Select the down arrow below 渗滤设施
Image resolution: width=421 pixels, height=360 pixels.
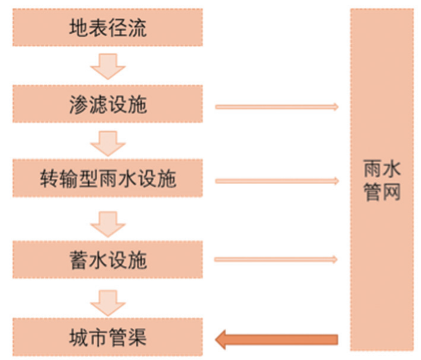pos(108,143)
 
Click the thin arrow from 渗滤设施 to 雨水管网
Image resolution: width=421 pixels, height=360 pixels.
pos(277,107)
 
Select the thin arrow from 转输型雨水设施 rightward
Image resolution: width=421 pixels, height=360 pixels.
pos(277,181)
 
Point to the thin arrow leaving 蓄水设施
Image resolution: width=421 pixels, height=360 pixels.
pos(277,259)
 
